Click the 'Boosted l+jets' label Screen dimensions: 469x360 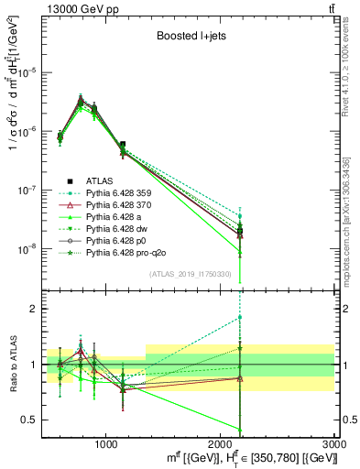click(189, 38)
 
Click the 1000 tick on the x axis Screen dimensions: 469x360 click(105, 443)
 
